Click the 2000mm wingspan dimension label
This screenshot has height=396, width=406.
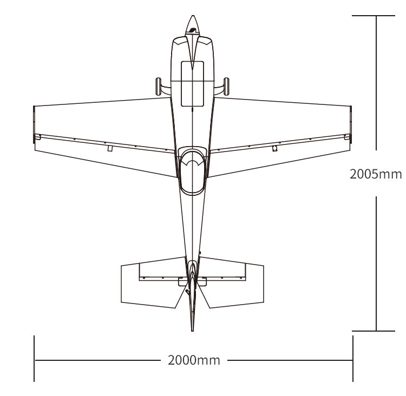pyautogui.click(x=194, y=360)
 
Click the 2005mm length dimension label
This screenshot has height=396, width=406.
pyautogui.click(x=376, y=174)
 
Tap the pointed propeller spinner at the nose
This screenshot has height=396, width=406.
pyautogui.click(x=192, y=25)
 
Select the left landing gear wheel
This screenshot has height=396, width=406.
pyautogui.click(x=158, y=86)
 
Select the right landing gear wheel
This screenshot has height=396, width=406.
pyautogui.click(x=226, y=86)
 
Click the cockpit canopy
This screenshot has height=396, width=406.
pyautogui.click(x=192, y=171)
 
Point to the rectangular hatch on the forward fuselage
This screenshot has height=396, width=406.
pyautogui.click(x=192, y=84)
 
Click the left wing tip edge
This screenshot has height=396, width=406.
pyautogui.click(x=34, y=124)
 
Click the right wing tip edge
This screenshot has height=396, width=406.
pyautogui.click(x=351, y=124)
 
